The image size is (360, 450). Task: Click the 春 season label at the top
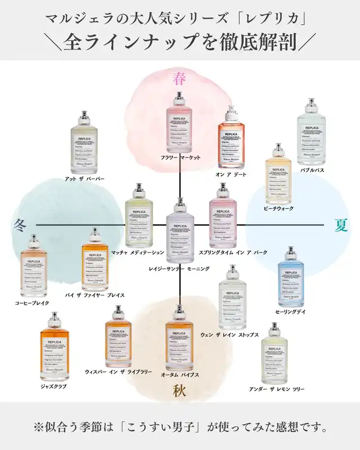click(x=179, y=79)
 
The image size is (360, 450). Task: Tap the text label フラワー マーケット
click(x=180, y=158)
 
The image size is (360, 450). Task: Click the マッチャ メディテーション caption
click(x=138, y=253)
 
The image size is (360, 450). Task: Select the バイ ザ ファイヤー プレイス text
click(x=95, y=295)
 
